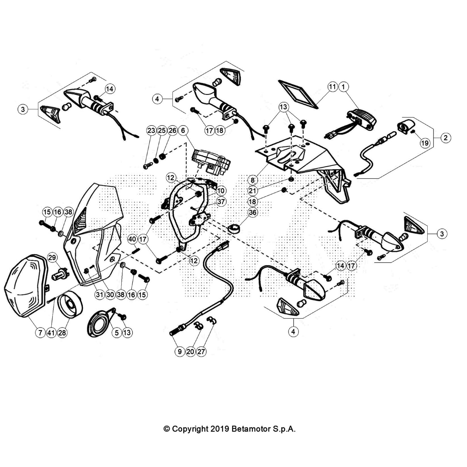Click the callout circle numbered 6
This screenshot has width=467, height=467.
pyautogui.click(x=183, y=130)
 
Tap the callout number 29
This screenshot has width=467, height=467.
pyautogui.click(x=52, y=257)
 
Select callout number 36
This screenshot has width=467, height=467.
pyautogui.click(x=252, y=212)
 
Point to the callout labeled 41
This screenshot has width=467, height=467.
pyautogui.click(x=51, y=332)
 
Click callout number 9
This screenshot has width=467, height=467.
pyautogui.click(x=180, y=351)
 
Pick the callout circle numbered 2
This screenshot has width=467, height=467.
pyautogui.click(x=445, y=137)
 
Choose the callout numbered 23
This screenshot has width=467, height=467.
pyautogui.click(x=151, y=130)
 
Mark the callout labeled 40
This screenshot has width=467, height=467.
pyautogui.click(x=132, y=239)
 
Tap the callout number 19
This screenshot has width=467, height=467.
pyautogui.click(x=425, y=143)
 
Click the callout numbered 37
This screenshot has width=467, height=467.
pyautogui.click(x=221, y=201)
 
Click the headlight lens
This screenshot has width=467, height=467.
pyautogui.click(x=25, y=286)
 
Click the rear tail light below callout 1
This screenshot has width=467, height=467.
pyautogui.click(x=362, y=120)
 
